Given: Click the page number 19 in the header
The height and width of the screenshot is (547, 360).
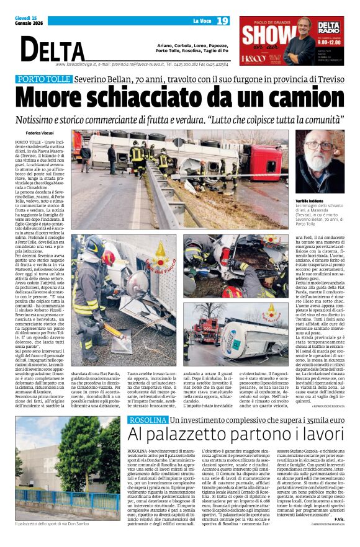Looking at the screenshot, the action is tap(223, 21).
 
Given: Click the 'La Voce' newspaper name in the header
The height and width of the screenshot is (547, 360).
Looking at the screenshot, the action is tap(199, 22).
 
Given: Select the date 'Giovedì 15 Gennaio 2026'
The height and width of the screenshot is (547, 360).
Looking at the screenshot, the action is tap(28, 21).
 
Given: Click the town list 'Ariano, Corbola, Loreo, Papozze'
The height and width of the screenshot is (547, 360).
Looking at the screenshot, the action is tap(192, 45).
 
